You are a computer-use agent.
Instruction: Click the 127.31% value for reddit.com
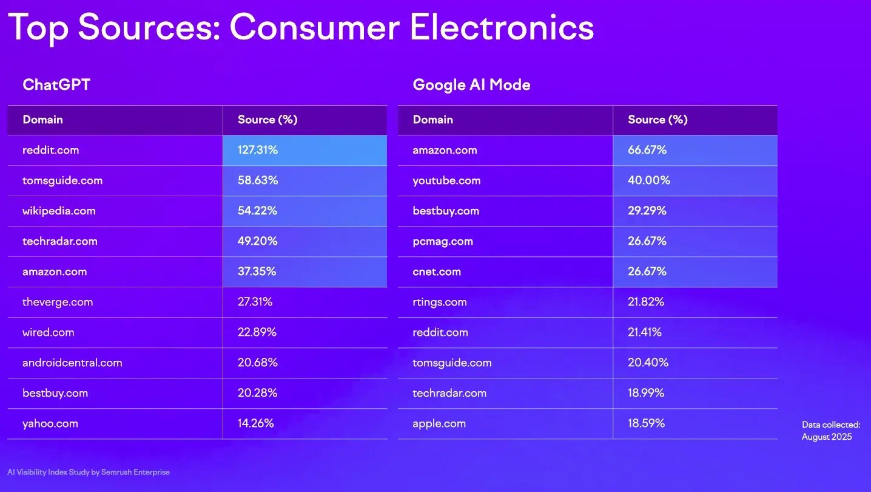[258, 150]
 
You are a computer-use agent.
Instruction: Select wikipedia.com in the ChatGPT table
[59, 211]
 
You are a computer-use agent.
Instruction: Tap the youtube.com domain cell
[446, 180]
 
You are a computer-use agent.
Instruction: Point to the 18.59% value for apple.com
[646, 423]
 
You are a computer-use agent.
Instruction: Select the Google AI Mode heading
[471, 84]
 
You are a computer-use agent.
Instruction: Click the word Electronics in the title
[502, 27]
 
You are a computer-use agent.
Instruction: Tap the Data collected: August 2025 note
[830, 431]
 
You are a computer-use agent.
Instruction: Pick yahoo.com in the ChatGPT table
[50, 423]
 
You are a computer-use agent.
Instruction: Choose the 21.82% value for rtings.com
[646, 302]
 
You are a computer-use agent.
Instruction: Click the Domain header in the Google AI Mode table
[432, 120]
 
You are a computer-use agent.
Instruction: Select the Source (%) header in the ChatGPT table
[267, 120]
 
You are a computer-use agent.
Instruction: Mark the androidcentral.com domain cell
[72, 363]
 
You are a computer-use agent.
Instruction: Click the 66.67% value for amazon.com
[647, 150]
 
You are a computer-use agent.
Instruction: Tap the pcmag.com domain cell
[443, 241]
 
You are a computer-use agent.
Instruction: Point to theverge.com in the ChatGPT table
[58, 302]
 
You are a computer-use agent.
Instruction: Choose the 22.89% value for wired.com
[257, 332]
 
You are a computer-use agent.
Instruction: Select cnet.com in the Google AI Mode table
[437, 272]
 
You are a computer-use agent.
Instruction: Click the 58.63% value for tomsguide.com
[257, 180]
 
